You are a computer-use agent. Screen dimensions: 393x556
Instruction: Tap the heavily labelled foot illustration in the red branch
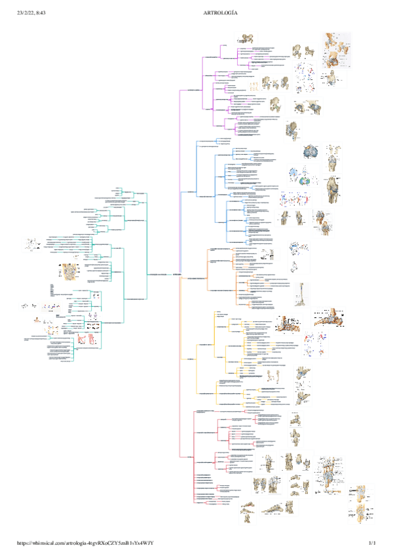point(333,469)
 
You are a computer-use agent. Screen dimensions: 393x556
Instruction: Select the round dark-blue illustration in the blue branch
point(311,153)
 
